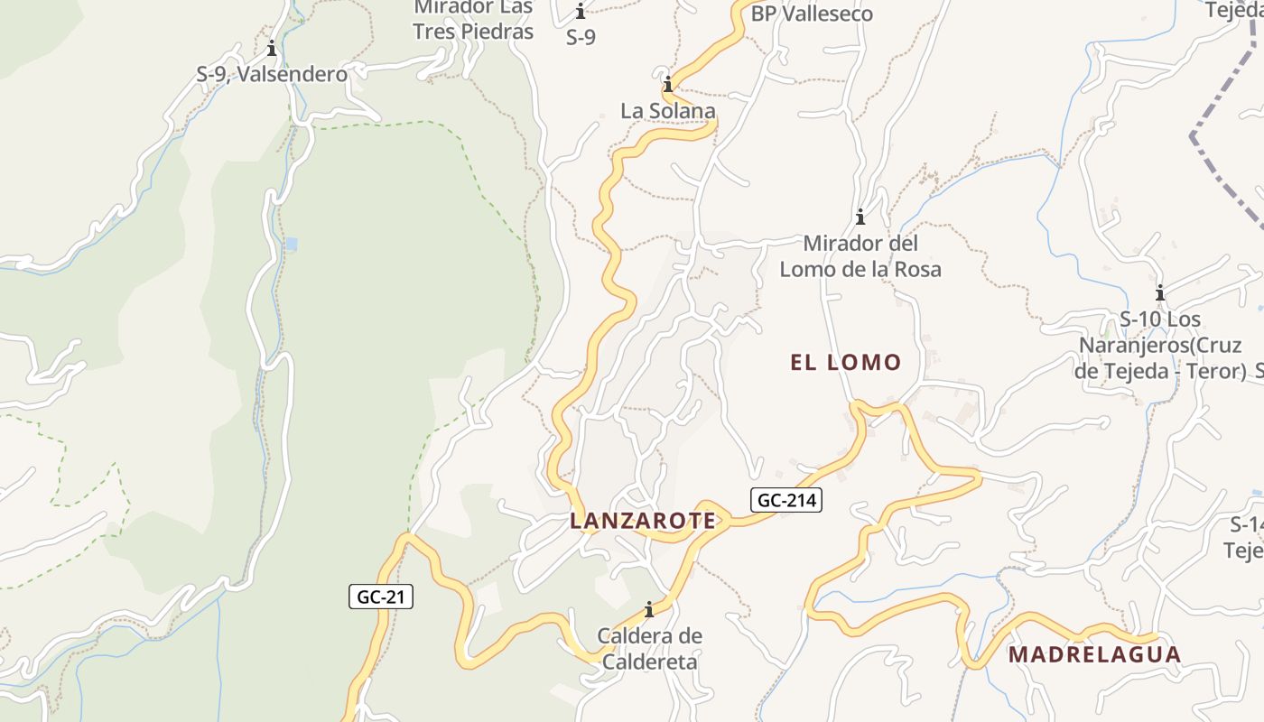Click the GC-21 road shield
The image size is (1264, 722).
pyautogui.click(x=381, y=597)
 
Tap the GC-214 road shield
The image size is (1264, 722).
pyautogui.click(x=785, y=500)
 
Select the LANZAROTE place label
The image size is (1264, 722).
pyautogui.click(x=643, y=521)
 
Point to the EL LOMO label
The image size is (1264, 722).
pyautogui.click(x=846, y=363)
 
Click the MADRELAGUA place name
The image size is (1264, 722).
pyautogui.click(x=1094, y=654)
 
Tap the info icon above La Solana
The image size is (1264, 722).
pyautogui.click(x=668, y=86)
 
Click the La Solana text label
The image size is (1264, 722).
pyautogui.click(x=668, y=111)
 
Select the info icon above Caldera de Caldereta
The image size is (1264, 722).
pyautogui.click(x=648, y=610)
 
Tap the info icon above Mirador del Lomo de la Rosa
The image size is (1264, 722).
pyautogui.click(x=860, y=218)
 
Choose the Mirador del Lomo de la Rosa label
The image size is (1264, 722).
pyautogui.click(x=860, y=256)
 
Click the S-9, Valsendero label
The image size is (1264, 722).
pyautogui.click(x=272, y=75)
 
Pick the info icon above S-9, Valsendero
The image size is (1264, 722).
pyautogui.click(x=272, y=49)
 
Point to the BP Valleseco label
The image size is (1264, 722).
pyautogui.click(x=812, y=14)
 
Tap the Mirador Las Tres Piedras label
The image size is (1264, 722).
pyautogui.click(x=473, y=20)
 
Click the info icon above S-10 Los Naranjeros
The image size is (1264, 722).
pyautogui.click(x=1160, y=293)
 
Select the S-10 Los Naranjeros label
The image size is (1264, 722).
pyautogui.click(x=1161, y=345)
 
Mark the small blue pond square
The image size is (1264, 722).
pyautogui.click(x=289, y=245)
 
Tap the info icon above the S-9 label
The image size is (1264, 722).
pyautogui.click(x=581, y=13)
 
